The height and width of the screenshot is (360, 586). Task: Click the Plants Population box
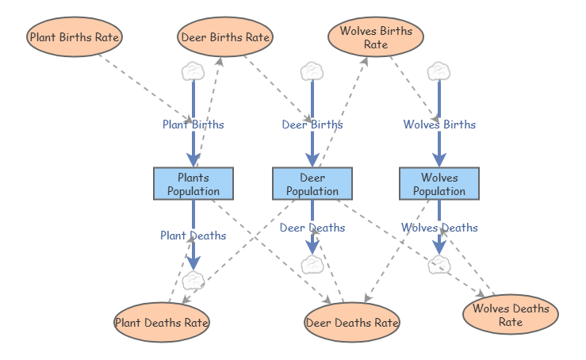point(193,183)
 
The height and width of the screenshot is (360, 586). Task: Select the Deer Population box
point(312,183)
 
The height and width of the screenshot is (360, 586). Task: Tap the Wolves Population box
point(439,183)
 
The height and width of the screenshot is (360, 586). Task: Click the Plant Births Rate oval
point(75,36)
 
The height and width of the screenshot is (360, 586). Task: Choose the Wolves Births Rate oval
point(376,37)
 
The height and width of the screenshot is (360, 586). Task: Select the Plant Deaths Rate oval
point(162,322)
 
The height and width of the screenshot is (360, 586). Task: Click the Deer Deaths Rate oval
point(352,322)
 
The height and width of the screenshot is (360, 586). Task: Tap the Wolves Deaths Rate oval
point(511,315)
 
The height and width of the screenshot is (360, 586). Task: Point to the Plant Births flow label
point(193,124)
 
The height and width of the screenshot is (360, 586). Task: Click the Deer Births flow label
point(312,124)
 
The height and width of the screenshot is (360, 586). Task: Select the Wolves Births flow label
point(439,124)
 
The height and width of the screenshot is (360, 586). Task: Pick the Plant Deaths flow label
point(193,236)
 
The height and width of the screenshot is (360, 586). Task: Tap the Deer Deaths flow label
point(312,228)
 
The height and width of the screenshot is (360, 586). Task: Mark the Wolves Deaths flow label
point(439,228)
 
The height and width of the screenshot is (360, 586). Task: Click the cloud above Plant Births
point(193,71)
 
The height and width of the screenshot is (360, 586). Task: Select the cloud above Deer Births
point(312,71)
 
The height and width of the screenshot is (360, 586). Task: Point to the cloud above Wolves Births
point(439,71)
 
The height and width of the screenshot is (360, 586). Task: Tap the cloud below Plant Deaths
point(193,280)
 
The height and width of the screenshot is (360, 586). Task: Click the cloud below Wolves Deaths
point(439,265)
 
